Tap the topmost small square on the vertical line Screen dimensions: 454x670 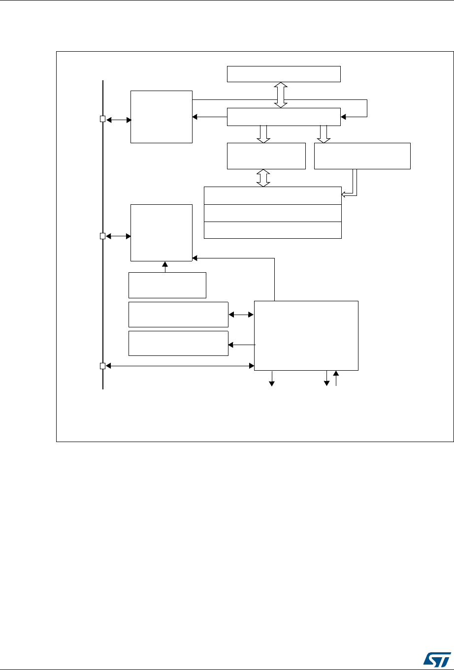[x=102, y=119]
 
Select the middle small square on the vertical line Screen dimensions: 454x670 [x=102, y=236]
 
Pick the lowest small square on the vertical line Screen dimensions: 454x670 [x=102, y=366]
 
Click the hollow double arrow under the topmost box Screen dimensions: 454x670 [x=281, y=95]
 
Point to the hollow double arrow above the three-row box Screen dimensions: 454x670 [x=264, y=178]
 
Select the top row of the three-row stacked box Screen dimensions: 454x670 [x=272, y=195]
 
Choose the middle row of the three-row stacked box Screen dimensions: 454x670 [x=272, y=213]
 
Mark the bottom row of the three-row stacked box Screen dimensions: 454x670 [x=272, y=230]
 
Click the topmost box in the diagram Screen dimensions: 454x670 [x=284, y=74]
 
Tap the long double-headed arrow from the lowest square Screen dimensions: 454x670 [x=180, y=366]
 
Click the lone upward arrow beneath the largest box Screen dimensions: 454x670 [x=337, y=379]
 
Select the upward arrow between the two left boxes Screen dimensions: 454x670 [x=165, y=266]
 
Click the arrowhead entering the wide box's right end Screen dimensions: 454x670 [x=344, y=117]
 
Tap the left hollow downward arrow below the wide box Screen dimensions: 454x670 [x=264, y=134]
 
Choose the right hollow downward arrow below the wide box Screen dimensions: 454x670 [x=324, y=134]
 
